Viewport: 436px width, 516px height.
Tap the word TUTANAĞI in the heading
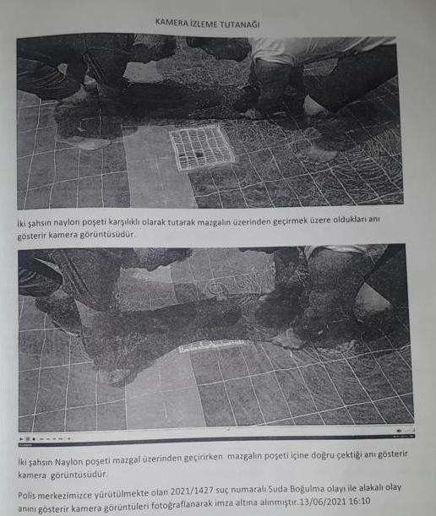click(238, 24)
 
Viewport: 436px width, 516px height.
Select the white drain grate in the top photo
click(202, 147)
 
